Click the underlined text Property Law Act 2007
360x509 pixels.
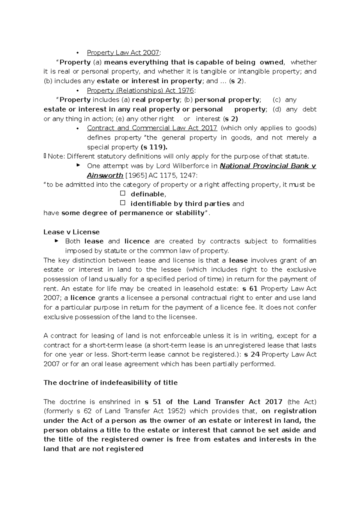point(123,53)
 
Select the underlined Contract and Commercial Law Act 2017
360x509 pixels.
point(152,128)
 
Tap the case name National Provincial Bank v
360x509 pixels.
point(268,166)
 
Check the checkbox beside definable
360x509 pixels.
point(122,194)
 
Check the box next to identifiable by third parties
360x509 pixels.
point(122,203)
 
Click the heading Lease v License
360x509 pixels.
point(71,232)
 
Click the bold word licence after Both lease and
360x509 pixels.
point(137,241)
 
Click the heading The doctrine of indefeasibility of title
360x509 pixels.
point(110,383)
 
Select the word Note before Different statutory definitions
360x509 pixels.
point(54,156)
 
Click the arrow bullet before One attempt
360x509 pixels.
point(78,165)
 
